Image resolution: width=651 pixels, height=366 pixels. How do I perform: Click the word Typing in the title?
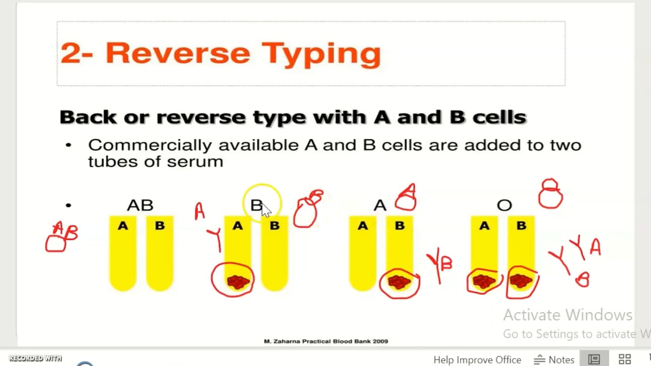tap(321, 53)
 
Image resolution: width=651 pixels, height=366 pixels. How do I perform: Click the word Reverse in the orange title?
tap(177, 53)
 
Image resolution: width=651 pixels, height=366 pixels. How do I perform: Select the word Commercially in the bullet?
tap(150, 145)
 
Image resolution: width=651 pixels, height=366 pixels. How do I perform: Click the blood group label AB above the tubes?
tap(140, 205)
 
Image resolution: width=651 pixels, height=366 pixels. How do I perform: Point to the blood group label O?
tap(504, 205)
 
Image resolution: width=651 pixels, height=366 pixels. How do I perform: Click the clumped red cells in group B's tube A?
tap(237, 282)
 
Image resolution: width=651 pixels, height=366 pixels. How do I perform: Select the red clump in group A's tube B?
tap(399, 282)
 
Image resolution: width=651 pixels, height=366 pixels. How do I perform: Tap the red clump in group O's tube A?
tap(484, 281)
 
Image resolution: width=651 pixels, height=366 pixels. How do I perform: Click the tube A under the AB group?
tap(123, 254)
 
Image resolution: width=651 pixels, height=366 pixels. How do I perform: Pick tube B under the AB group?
tap(160, 254)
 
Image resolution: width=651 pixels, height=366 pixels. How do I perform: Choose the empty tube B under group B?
tap(275, 254)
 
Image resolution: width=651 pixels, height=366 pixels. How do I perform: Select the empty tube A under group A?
tap(363, 254)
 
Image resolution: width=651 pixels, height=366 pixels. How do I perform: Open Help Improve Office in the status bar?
tap(477, 359)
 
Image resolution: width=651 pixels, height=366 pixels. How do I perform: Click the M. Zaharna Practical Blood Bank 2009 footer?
tap(325, 341)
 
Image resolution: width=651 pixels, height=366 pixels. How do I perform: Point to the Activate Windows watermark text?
tap(568, 315)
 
